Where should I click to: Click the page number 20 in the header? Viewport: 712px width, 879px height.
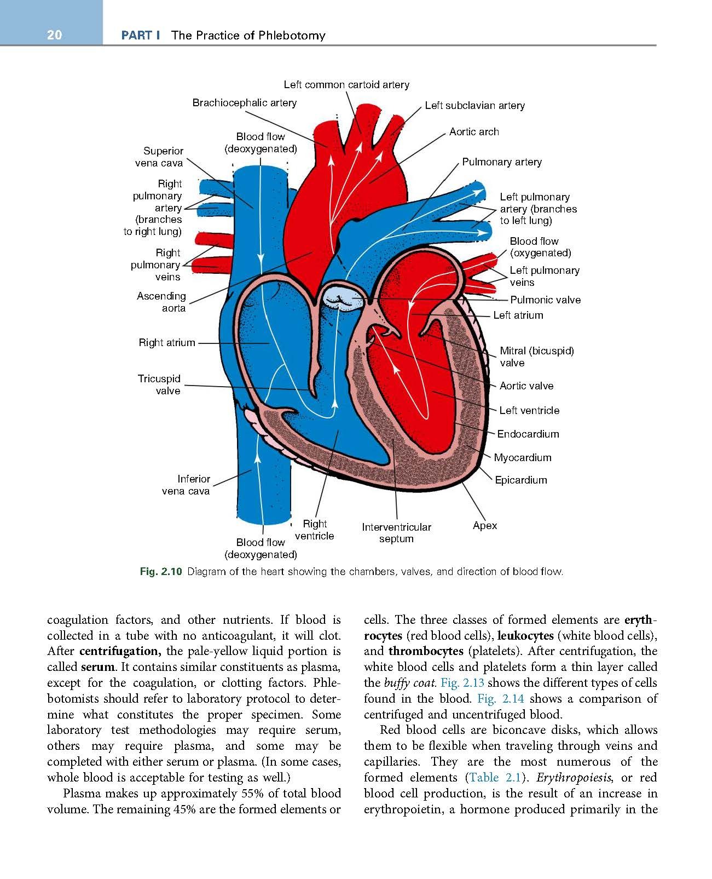click(x=54, y=35)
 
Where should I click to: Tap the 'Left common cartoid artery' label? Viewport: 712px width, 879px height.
click(x=346, y=85)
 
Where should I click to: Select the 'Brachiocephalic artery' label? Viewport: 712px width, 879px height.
click(x=244, y=103)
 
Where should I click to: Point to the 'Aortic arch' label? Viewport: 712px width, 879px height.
click(x=474, y=132)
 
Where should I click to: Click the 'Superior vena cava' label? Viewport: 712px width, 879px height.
click(x=159, y=157)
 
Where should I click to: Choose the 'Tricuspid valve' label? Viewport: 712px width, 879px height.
click(x=159, y=384)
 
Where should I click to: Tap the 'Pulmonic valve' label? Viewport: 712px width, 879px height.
click(x=545, y=300)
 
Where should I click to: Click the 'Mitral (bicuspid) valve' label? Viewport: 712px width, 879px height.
click(x=536, y=357)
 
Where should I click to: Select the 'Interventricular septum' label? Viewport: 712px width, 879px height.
click(x=396, y=533)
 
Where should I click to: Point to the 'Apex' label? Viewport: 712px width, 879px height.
click(x=485, y=526)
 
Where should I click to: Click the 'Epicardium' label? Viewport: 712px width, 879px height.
click(x=520, y=480)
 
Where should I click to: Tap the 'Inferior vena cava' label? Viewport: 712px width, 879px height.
click(x=186, y=485)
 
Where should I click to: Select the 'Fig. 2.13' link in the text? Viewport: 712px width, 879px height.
click(x=462, y=683)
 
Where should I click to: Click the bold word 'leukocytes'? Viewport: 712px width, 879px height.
click(x=523, y=636)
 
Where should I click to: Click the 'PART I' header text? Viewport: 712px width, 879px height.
click(x=140, y=36)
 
